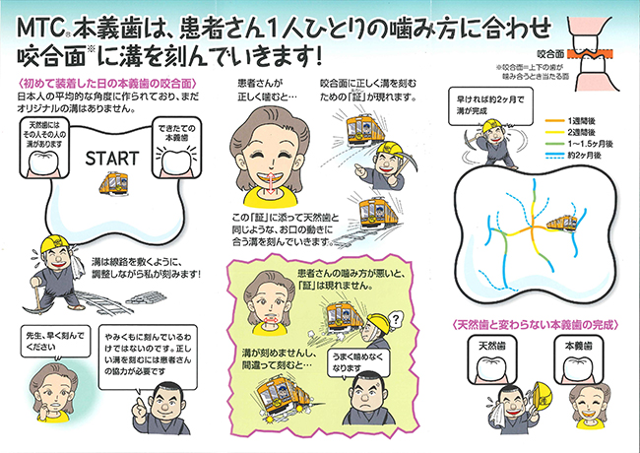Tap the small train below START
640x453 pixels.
(x=115, y=186)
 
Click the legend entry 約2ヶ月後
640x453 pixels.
(x=580, y=165)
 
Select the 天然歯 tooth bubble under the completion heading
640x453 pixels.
(x=492, y=357)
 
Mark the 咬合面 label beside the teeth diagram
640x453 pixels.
(x=552, y=44)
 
